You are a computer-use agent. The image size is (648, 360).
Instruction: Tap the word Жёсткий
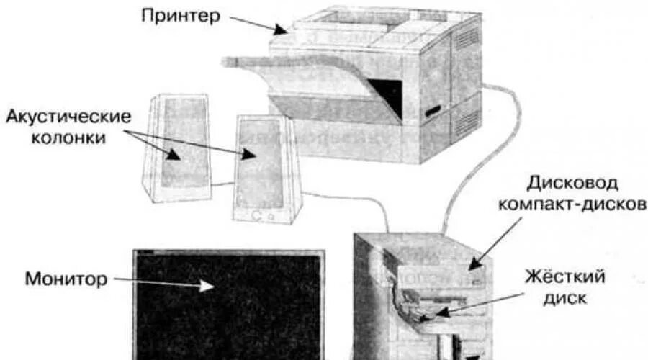point(564,276)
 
